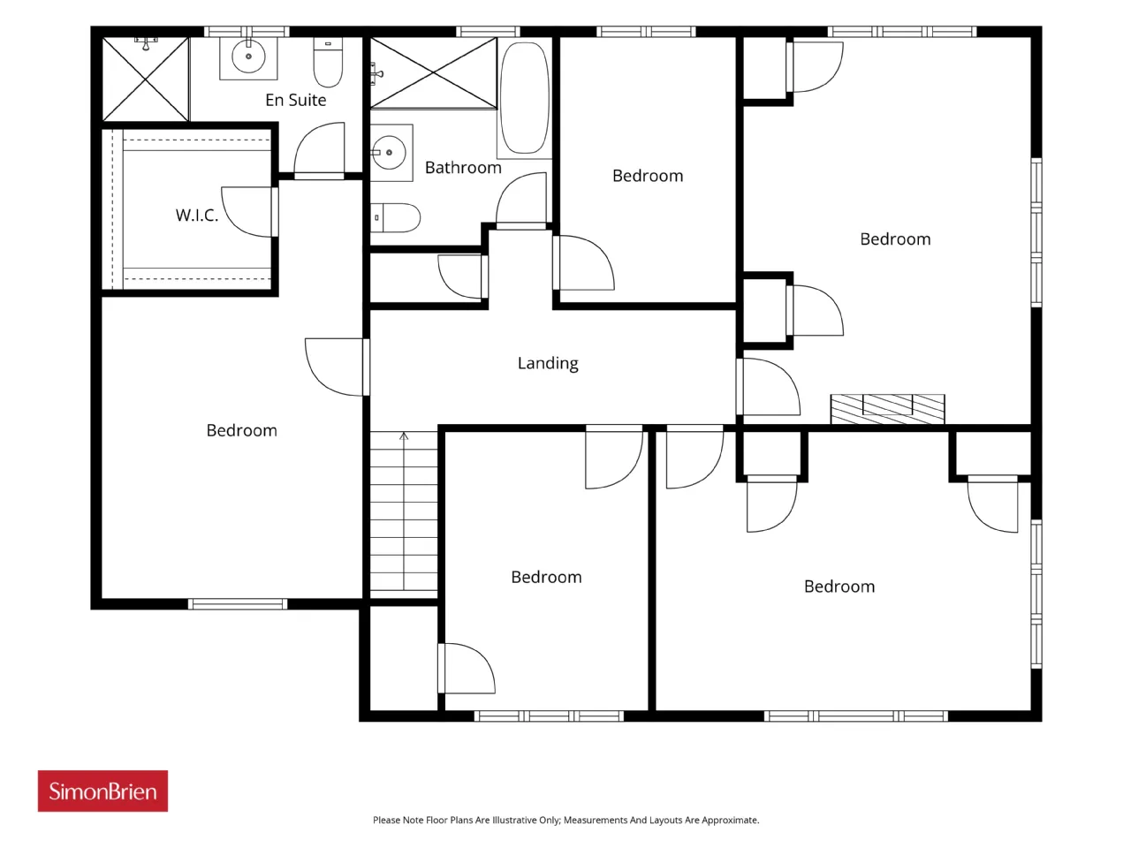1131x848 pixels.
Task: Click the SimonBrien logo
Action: point(102,791)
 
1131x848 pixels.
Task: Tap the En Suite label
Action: point(295,100)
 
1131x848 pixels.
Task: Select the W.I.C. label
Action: point(197,215)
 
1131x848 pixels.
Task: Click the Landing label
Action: point(548,364)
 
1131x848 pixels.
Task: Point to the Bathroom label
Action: point(463,167)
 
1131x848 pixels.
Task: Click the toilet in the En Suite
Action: point(328,63)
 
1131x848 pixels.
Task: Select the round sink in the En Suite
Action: point(248,57)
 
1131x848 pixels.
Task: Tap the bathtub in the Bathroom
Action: point(524,98)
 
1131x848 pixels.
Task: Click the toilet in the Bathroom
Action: point(395,218)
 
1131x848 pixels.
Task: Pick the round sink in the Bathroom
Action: point(389,153)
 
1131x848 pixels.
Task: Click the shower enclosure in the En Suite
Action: point(146,79)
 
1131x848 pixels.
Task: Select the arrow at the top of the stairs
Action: point(404,436)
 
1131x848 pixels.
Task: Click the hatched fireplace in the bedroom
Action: point(887,409)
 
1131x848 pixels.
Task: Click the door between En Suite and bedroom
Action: point(319,151)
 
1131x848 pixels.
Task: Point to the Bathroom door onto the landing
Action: point(521,201)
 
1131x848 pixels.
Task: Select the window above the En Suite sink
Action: point(247,32)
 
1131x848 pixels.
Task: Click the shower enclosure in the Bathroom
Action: point(433,73)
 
